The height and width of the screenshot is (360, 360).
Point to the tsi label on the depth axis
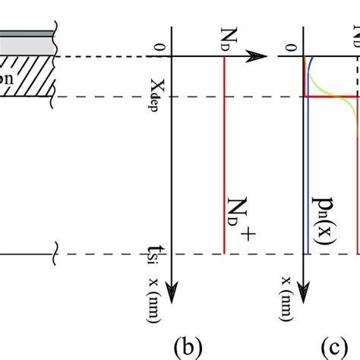coord(160,257)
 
